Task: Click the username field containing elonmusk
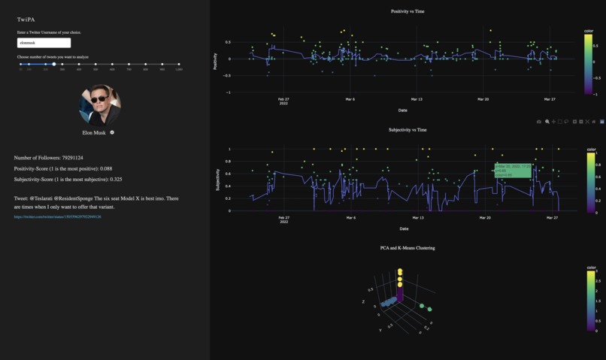click(x=44, y=44)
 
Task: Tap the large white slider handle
click(x=54, y=65)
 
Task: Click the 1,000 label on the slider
click(x=178, y=70)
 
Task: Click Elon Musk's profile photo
click(x=99, y=104)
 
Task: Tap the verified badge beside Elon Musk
click(x=112, y=132)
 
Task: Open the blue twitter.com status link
click(x=57, y=217)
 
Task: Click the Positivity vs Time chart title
click(x=408, y=11)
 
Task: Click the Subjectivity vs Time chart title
click(x=408, y=130)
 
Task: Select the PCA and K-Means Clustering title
click(x=408, y=247)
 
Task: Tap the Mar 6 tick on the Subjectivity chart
click(x=350, y=218)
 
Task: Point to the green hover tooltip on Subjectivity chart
click(x=513, y=171)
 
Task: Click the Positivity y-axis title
click(x=216, y=61)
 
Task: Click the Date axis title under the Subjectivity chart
click(x=404, y=228)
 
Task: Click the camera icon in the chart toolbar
click(x=539, y=122)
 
